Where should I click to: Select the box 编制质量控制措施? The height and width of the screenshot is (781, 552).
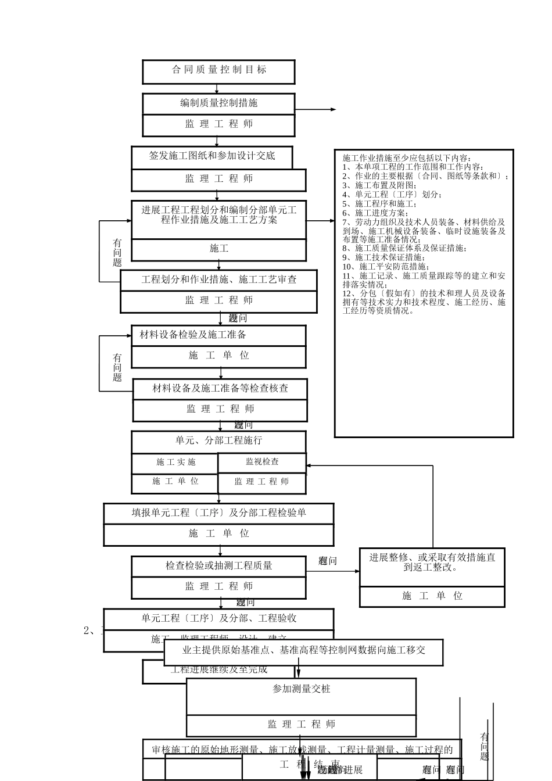[x=218, y=103]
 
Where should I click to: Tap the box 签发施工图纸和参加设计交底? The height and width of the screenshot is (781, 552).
[x=212, y=156]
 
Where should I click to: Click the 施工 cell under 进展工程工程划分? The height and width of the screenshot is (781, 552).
[x=218, y=249]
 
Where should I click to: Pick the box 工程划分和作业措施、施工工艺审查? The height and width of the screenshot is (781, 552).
[x=218, y=280]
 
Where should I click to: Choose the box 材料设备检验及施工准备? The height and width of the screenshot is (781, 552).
[x=218, y=335]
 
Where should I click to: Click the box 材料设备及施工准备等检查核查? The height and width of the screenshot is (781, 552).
[x=220, y=389]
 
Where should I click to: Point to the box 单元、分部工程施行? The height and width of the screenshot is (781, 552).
[x=218, y=441]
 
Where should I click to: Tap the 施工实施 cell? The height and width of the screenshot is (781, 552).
[x=175, y=463]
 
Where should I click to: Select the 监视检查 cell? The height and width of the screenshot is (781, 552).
[x=262, y=462]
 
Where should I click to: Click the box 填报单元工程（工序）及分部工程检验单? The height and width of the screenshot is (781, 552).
[x=218, y=513]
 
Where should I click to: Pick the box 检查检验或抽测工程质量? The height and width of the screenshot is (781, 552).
[x=218, y=566]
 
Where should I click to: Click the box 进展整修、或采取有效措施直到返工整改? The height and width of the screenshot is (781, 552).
[x=432, y=563]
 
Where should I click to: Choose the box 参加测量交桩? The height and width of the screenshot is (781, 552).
[x=301, y=690]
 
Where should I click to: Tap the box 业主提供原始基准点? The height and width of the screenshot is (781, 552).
[x=303, y=651]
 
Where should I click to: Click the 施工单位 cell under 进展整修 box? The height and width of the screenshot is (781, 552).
[x=432, y=596]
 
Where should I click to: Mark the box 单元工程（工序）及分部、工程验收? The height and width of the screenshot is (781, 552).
[x=218, y=619]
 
